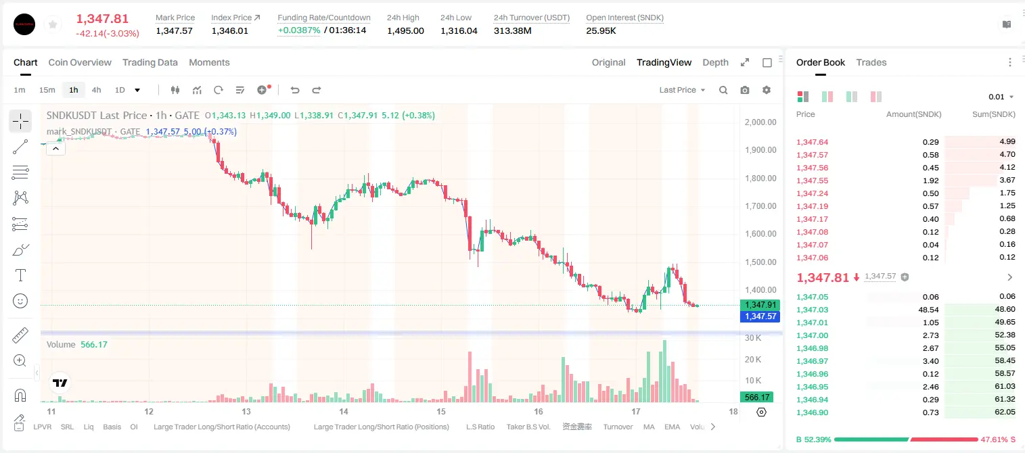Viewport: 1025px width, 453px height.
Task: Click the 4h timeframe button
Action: [96, 90]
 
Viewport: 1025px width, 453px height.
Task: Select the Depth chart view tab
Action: [715, 63]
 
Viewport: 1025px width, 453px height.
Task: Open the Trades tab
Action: [871, 63]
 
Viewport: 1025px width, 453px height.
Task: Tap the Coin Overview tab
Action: [80, 63]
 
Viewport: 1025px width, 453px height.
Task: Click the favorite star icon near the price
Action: [53, 25]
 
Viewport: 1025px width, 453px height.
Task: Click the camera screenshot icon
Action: [745, 90]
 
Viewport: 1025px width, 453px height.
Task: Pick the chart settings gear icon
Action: [767, 90]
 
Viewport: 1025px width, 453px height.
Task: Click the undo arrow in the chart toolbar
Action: [295, 90]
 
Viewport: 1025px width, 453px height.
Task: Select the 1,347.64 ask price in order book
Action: [813, 142]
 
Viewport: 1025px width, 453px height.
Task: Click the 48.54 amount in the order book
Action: [928, 310]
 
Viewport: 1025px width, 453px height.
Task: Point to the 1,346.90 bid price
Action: [813, 412]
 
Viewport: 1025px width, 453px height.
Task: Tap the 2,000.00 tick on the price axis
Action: [760, 122]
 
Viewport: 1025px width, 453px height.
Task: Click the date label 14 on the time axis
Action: [344, 411]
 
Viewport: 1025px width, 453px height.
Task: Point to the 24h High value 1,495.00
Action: [405, 30]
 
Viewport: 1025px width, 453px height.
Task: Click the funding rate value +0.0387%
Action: [299, 30]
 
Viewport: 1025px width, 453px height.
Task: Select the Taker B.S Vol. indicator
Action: [528, 427]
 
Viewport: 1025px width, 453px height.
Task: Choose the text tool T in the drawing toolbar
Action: [20, 275]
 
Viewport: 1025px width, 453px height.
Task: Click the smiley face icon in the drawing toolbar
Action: [20, 301]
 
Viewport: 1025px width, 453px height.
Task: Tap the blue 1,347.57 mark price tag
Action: [760, 316]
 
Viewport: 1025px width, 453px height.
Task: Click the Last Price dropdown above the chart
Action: [682, 90]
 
